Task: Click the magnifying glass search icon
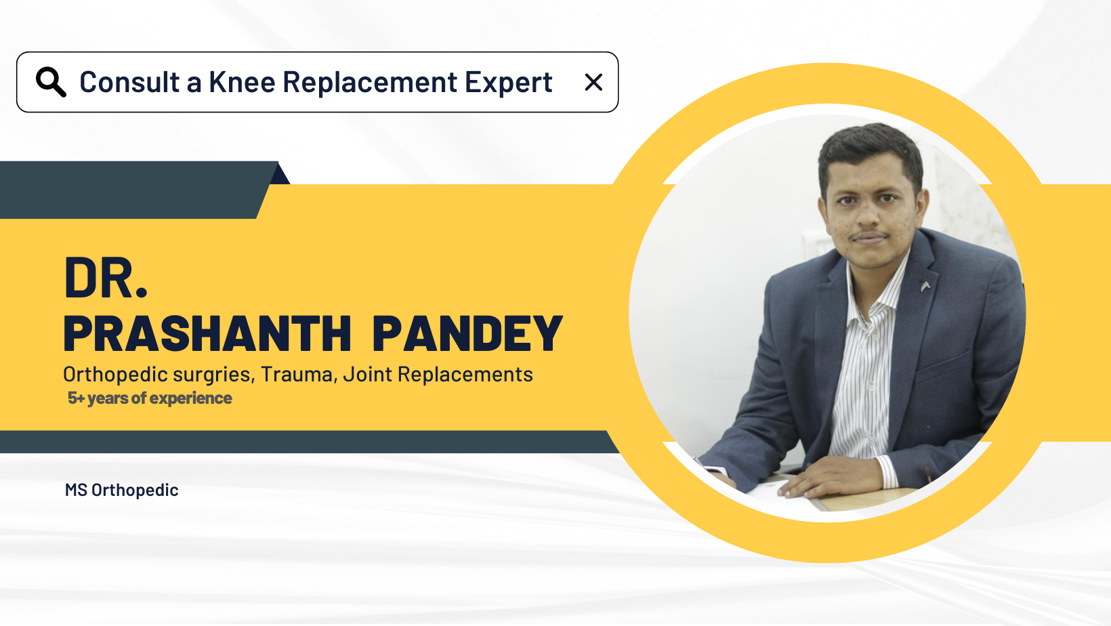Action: (x=51, y=82)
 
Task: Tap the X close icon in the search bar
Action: (x=593, y=83)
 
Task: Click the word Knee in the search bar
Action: (x=242, y=82)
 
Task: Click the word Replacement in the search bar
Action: (x=369, y=83)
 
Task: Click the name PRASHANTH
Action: (x=207, y=333)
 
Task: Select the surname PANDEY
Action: (x=467, y=333)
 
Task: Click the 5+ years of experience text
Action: (x=150, y=398)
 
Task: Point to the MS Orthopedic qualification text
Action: (x=121, y=490)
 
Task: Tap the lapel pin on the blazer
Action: (x=925, y=286)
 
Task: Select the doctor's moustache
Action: (x=868, y=234)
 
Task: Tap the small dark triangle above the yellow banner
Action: (x=280, y=175)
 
